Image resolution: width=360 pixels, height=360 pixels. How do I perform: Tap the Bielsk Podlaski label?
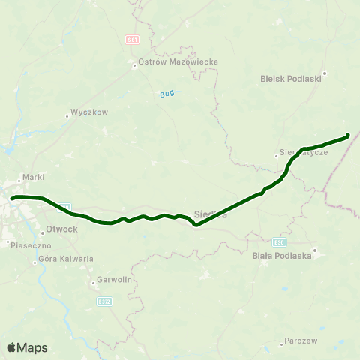point(291,77)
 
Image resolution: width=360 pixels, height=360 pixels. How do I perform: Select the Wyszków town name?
point(90,112)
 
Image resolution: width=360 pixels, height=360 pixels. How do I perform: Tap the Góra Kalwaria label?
point(65,259)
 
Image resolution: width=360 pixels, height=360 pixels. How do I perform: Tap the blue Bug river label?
point(166,94)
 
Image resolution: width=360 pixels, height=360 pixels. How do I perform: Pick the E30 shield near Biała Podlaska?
point(279,242)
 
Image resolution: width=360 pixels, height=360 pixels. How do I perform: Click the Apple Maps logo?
point(26,347)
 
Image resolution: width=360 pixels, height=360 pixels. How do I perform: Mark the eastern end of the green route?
point(348,136)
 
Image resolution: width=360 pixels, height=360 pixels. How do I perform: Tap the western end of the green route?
point(12,198)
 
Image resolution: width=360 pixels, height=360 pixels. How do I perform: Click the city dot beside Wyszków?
point(67,113)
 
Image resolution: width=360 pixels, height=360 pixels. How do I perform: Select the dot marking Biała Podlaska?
point(316,250)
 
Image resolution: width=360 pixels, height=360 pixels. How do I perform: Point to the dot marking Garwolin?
point(90,283)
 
